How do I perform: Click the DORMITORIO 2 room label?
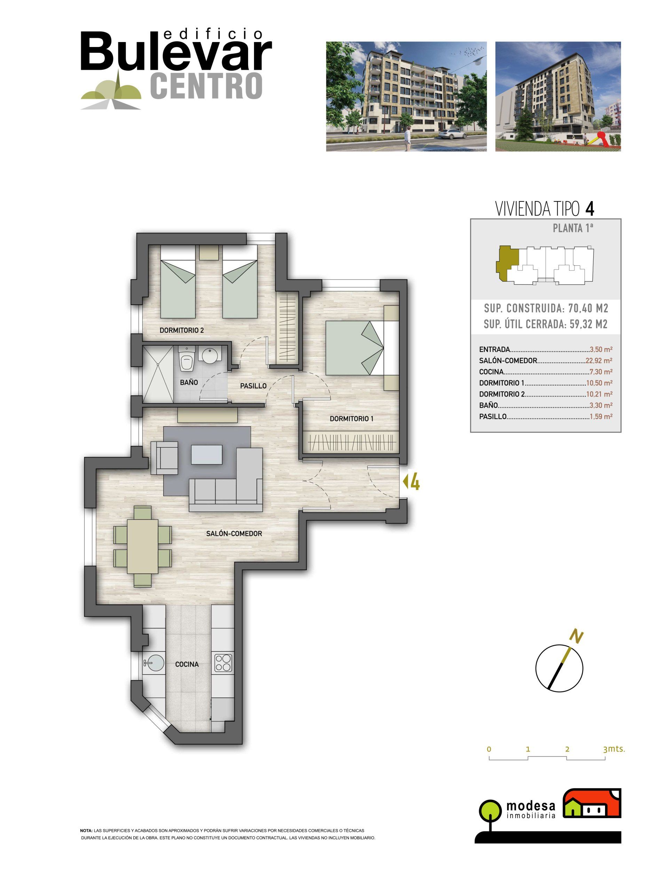[182, 330]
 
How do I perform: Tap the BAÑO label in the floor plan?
[189, 382]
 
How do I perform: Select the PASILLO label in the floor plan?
[253, 386]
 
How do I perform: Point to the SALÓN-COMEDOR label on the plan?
[234, 534]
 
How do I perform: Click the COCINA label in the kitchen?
[187, 664]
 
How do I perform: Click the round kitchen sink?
[154, 663]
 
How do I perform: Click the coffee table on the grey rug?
[206, 455]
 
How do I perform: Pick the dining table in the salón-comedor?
[143, 546]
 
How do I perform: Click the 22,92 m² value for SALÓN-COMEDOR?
[599, 361]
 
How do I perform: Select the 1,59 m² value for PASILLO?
[601, 417]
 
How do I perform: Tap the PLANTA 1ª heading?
[573, 228]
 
